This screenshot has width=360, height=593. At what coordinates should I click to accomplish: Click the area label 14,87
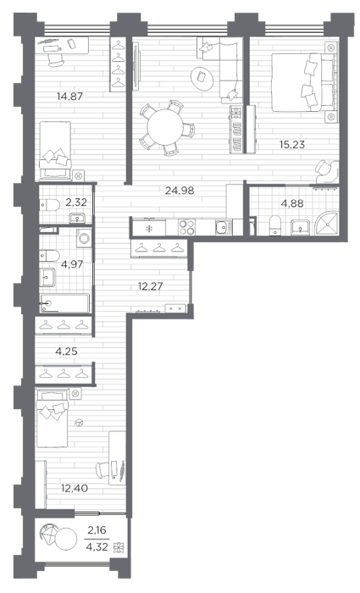coord(69,96)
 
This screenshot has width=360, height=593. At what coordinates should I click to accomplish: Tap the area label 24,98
coord(180,191)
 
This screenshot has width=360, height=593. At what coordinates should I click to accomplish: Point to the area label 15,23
coord(292,144)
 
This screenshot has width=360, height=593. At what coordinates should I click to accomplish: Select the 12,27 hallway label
coord(150,286)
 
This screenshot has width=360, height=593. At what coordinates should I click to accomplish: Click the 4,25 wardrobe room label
coord(66,352)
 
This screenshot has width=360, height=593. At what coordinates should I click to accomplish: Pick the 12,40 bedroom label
coord(75,488)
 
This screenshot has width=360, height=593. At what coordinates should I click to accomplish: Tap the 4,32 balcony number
coord(97,546)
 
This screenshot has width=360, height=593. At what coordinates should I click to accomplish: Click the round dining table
coord(165,127)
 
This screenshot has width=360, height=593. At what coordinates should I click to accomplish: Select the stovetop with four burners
coord(186,227)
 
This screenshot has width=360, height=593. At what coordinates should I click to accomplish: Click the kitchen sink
coord(224,228)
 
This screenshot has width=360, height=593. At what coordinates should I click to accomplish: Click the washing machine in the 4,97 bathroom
coord(84,238)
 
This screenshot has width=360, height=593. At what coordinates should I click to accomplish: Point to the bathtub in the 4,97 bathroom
coord(64,303)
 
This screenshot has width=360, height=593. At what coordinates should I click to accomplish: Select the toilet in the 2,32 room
coord(49,206)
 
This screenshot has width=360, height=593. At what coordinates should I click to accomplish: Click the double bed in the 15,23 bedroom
coord(303,82)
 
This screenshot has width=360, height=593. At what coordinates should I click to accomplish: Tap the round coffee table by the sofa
coord(202,78)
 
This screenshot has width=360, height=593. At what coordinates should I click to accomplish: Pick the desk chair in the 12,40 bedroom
coord(102,469)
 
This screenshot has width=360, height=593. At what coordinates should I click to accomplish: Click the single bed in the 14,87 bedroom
coord(55,150)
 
